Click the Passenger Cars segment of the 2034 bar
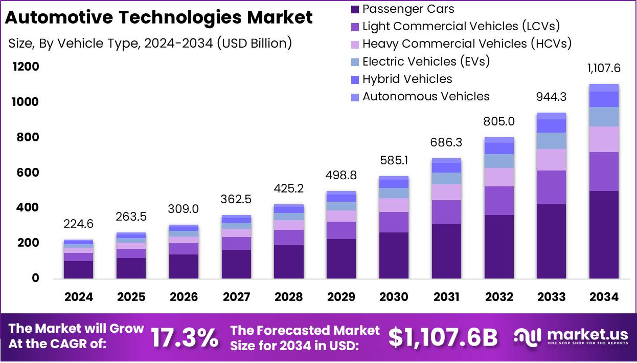(604, 234)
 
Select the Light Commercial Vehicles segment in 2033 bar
(551, 187)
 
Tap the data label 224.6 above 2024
(78, 224)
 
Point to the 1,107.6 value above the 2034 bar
(603, 69)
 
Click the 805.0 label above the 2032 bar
(498, 122)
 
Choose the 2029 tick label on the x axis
(341, 297)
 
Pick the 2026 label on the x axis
(184, 297)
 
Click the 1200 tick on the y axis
(25, 67)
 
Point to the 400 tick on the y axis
(25, 208)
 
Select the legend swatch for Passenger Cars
(355, 9)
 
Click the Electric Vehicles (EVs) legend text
(426, 61)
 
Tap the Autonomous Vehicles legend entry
(425, 96)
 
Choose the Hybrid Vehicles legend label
(407, 79)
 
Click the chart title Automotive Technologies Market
(158, 18)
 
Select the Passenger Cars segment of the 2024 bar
(78, 269)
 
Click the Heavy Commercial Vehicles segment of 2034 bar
(604, 139)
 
